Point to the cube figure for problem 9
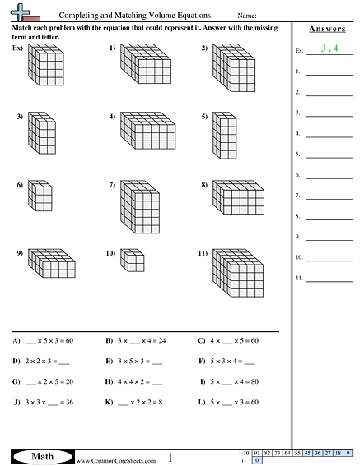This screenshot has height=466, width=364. [50, 263]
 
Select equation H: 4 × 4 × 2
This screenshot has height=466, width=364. [138, 382]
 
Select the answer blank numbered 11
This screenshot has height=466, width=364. [329, 279]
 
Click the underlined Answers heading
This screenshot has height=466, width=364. [324, 28]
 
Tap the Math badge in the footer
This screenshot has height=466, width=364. [38, 455]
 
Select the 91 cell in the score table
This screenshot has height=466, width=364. [258, 452]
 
